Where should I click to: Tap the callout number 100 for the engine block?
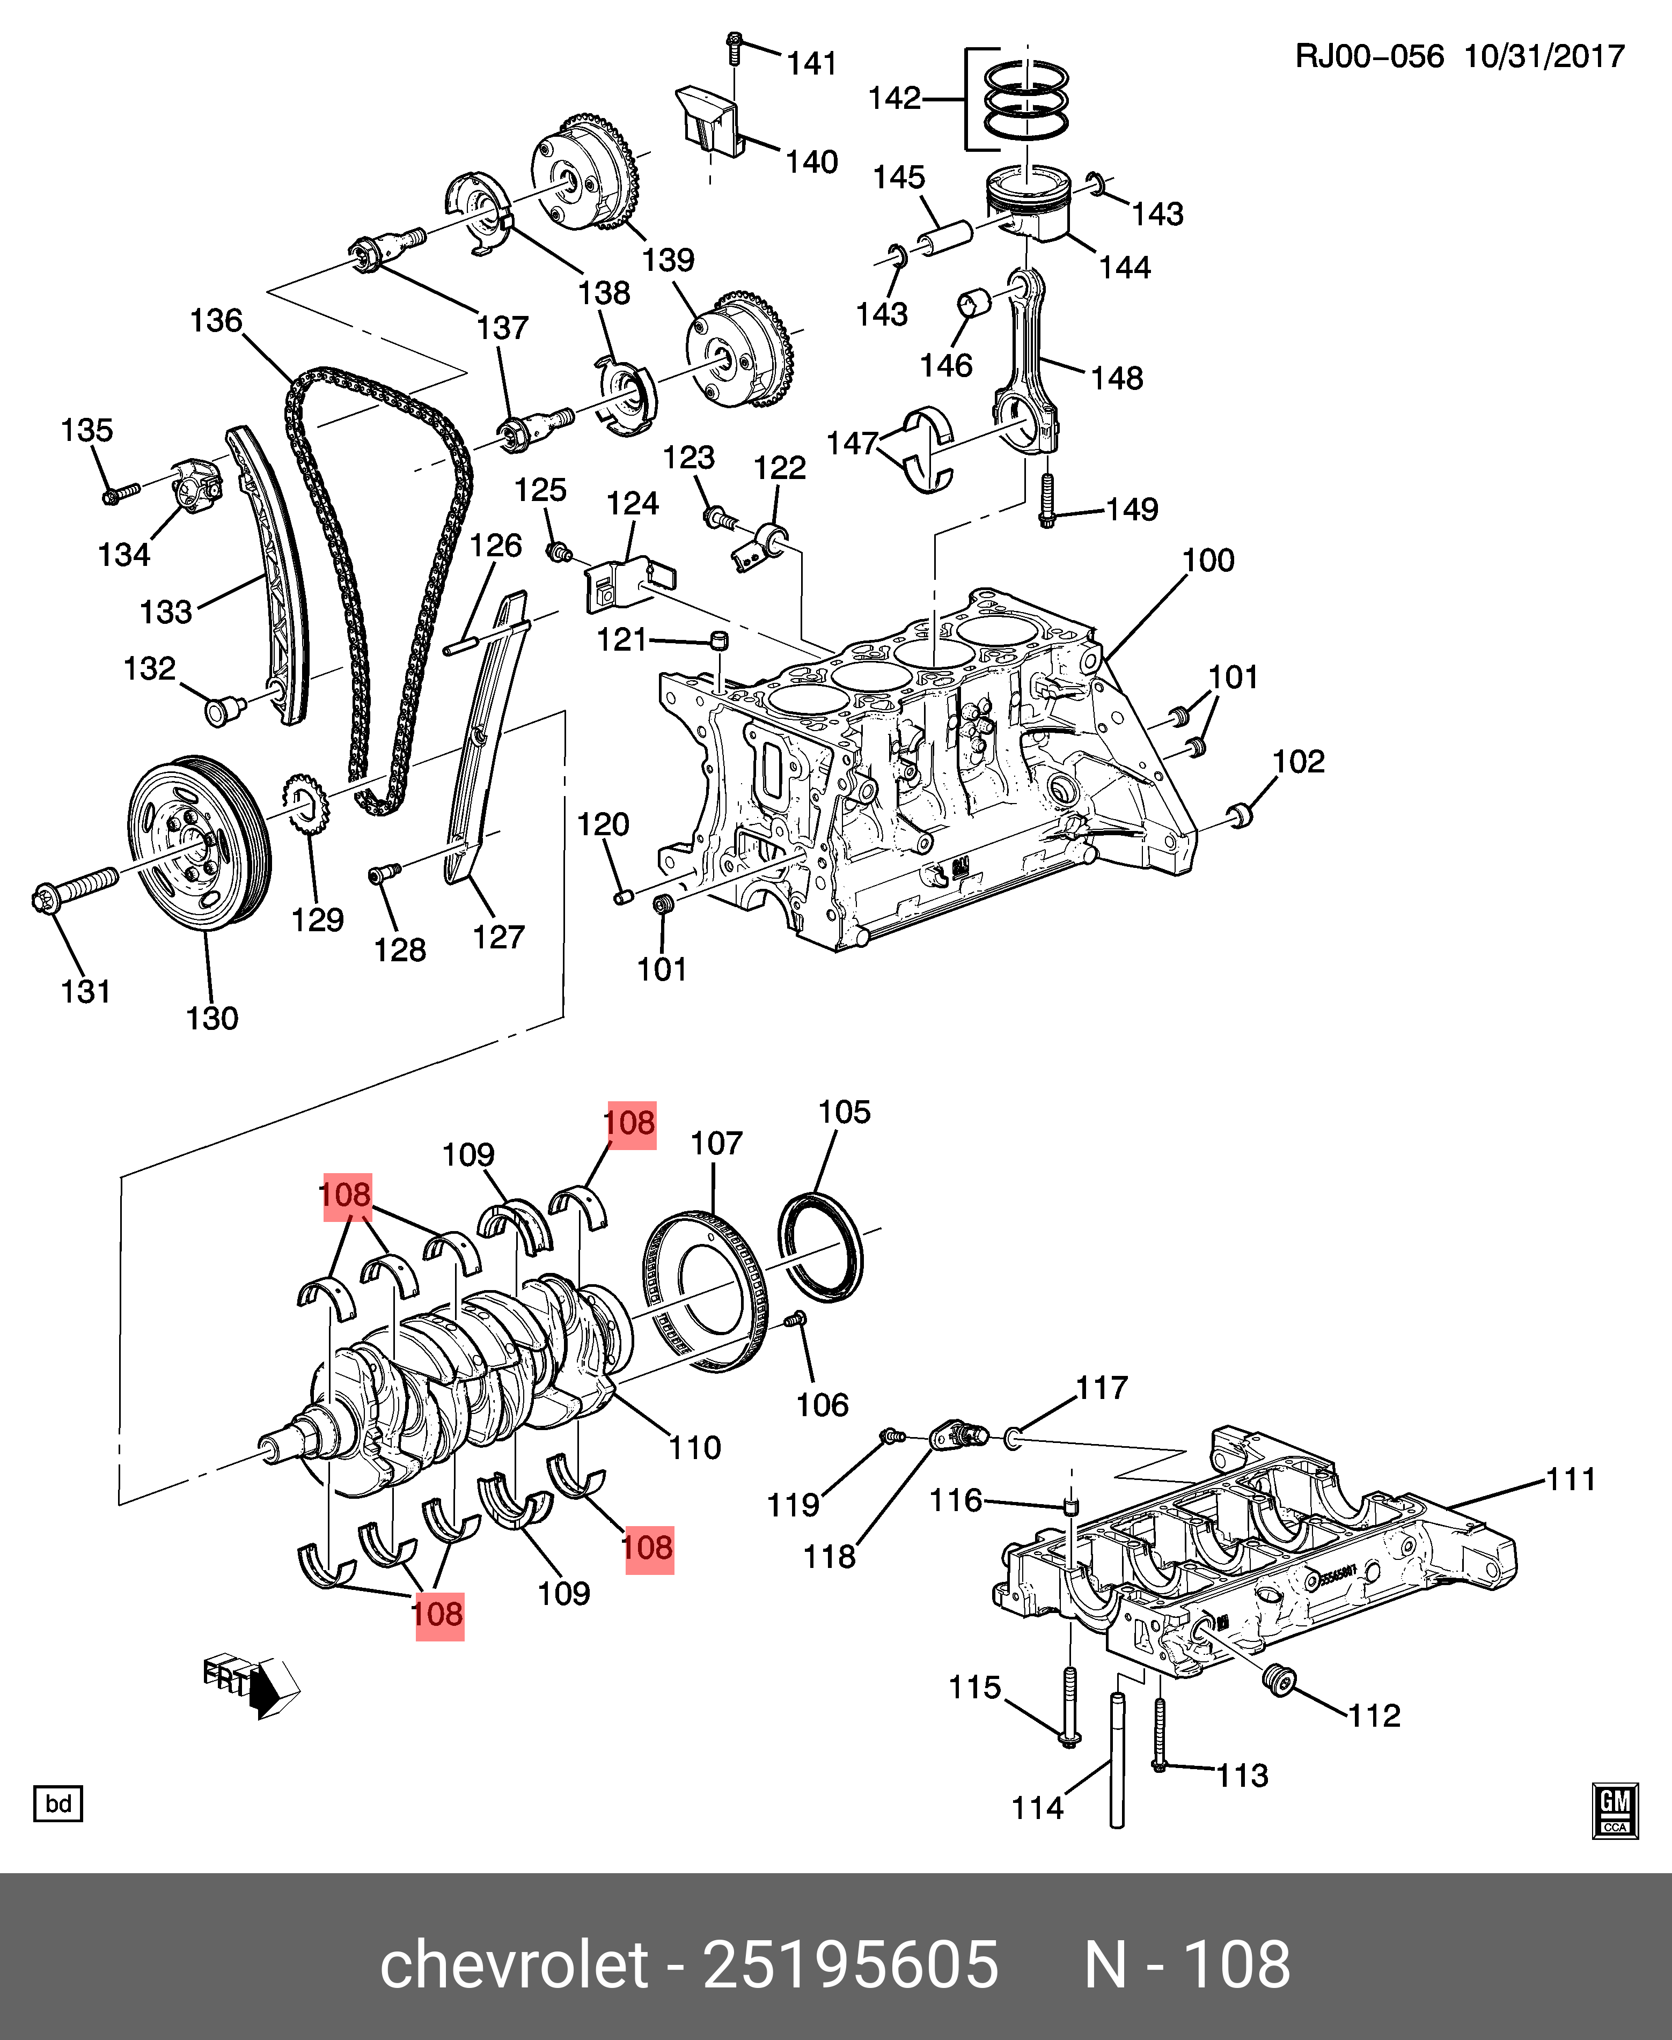[1208, 561]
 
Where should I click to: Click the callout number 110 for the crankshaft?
[694, 1447]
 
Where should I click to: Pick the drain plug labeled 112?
[1280, 1680]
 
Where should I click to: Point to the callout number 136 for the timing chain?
[216, 321]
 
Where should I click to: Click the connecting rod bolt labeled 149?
[1048, 500]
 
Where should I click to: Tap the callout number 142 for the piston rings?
[894, 98]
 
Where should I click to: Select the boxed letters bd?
[58, 1803]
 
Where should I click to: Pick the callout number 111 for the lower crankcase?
[1571, 1479]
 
